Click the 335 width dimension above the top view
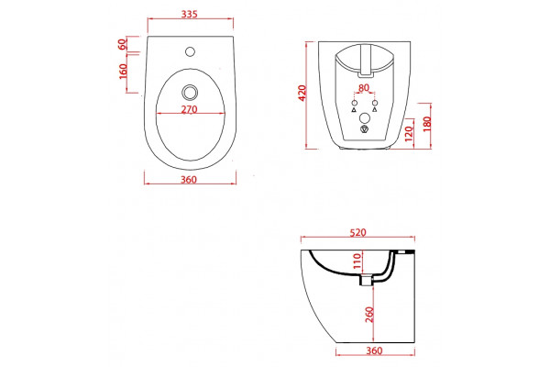tap(190, 15)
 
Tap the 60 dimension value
tap(122, 44)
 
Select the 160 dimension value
tap(123, 72)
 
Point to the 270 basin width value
tap(190, 109)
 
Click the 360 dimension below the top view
tap(189, 180)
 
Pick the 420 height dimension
tap(302, 93)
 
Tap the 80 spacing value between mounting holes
tap(364, 87)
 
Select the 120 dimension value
tap(410, 134)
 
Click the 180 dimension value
tap(427, 124)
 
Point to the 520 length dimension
tap(357, 232)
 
